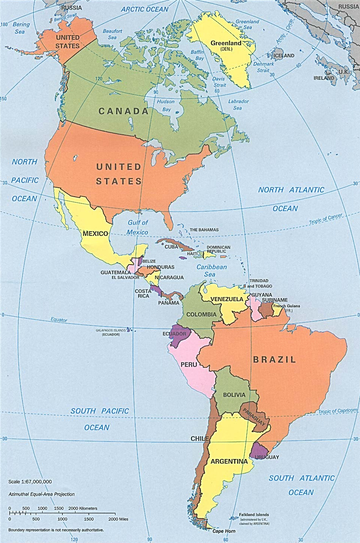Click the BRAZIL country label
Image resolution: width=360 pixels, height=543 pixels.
(274, 359)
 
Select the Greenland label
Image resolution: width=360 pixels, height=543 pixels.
(226, 43)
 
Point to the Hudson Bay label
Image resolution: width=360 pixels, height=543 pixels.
(166, 105)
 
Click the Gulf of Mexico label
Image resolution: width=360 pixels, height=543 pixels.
(137, 227)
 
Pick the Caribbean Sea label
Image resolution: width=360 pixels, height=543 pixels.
(211, 271)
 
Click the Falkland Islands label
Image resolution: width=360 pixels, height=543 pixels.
(254, 515)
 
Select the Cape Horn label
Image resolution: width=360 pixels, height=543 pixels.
(224, 531)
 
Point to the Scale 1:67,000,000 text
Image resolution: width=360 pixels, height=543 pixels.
(30, 481)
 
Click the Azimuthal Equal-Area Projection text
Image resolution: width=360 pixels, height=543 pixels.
(41, 494)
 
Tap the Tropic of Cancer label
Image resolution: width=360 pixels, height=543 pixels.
(325, 219)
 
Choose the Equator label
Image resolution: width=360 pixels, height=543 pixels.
(59, 320)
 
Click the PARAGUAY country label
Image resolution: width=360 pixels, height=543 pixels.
(254, 417)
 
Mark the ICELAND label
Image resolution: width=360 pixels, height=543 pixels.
(284, 56)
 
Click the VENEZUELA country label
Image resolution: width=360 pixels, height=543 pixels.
(227, 299)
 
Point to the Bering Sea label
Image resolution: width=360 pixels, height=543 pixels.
(21, 28)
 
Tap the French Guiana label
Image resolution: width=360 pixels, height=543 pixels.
(286, 306)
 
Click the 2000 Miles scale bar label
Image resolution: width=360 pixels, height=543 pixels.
(118, 519)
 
